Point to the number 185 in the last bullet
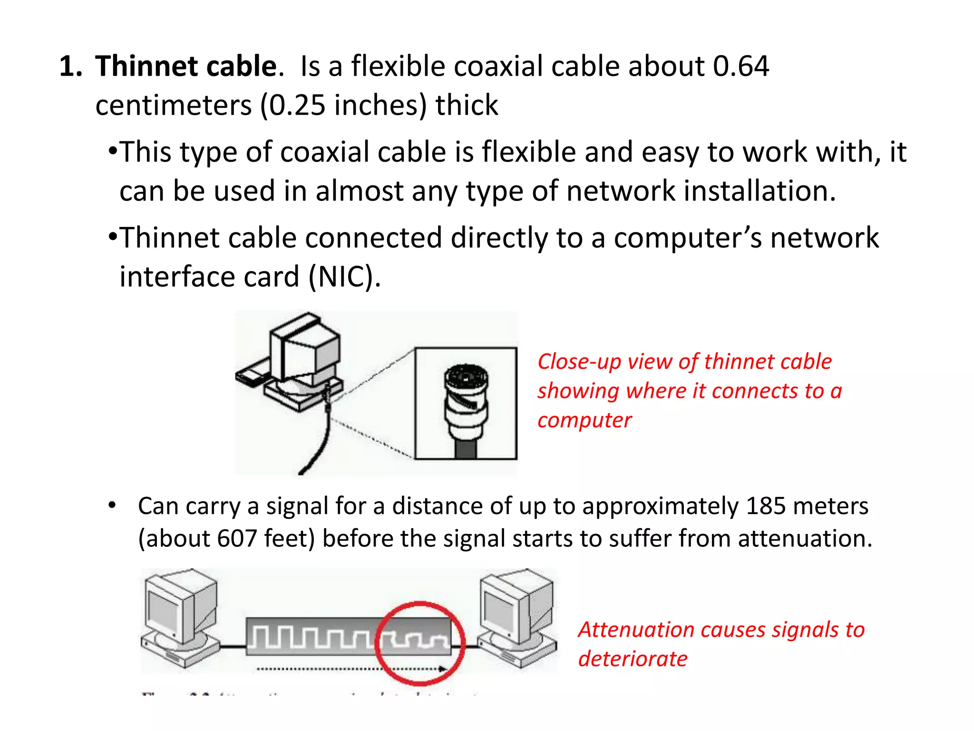(x=766, y=505)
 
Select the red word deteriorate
(x=633, y=659)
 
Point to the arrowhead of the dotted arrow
(x=443, y=669)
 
